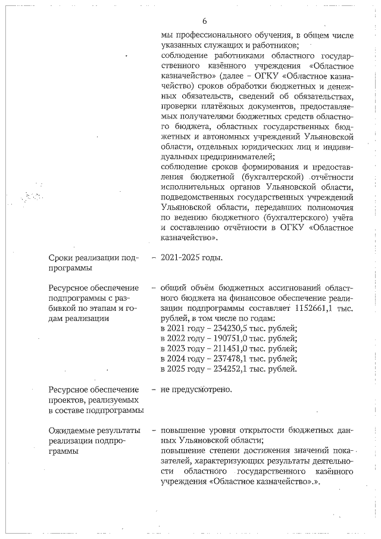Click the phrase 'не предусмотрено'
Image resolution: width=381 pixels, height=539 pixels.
[196, 390]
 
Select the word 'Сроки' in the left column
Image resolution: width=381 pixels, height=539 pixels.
[62, 258]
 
